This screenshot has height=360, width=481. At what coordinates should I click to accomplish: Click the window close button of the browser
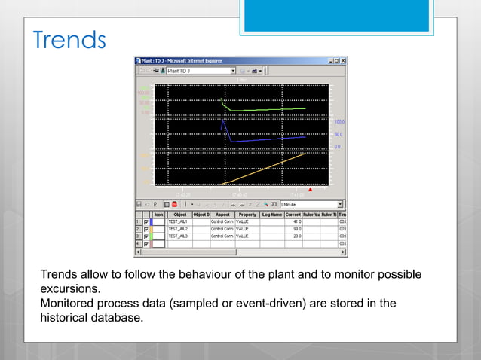(342, 60)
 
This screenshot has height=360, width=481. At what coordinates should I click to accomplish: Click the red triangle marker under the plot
(310, 190)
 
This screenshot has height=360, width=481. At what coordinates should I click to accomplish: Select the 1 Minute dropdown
(311, 203)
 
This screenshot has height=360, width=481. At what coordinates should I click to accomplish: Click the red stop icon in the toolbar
(174, 203)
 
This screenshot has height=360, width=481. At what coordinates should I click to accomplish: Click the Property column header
(247, 214)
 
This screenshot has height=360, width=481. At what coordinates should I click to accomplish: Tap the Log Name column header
(272, 214)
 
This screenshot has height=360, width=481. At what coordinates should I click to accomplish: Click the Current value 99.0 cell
(294, 229)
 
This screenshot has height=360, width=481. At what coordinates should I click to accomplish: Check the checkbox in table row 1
(146, 221)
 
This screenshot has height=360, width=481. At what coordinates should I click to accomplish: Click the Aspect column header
(222, 214)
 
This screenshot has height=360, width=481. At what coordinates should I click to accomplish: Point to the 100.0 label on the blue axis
(339, 121)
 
